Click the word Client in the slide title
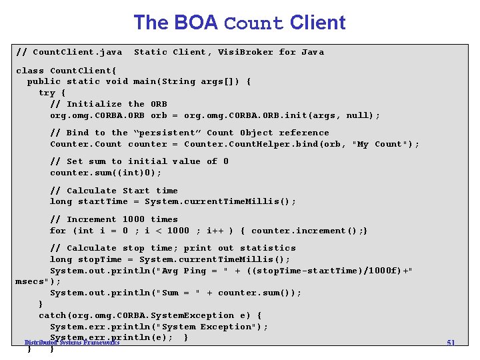318,23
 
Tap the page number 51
451,343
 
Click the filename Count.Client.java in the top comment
77,52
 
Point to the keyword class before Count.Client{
30,70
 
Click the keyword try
47,93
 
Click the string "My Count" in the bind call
382,144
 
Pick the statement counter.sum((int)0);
105,173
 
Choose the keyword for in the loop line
58,231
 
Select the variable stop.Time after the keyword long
100,259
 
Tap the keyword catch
52,315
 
